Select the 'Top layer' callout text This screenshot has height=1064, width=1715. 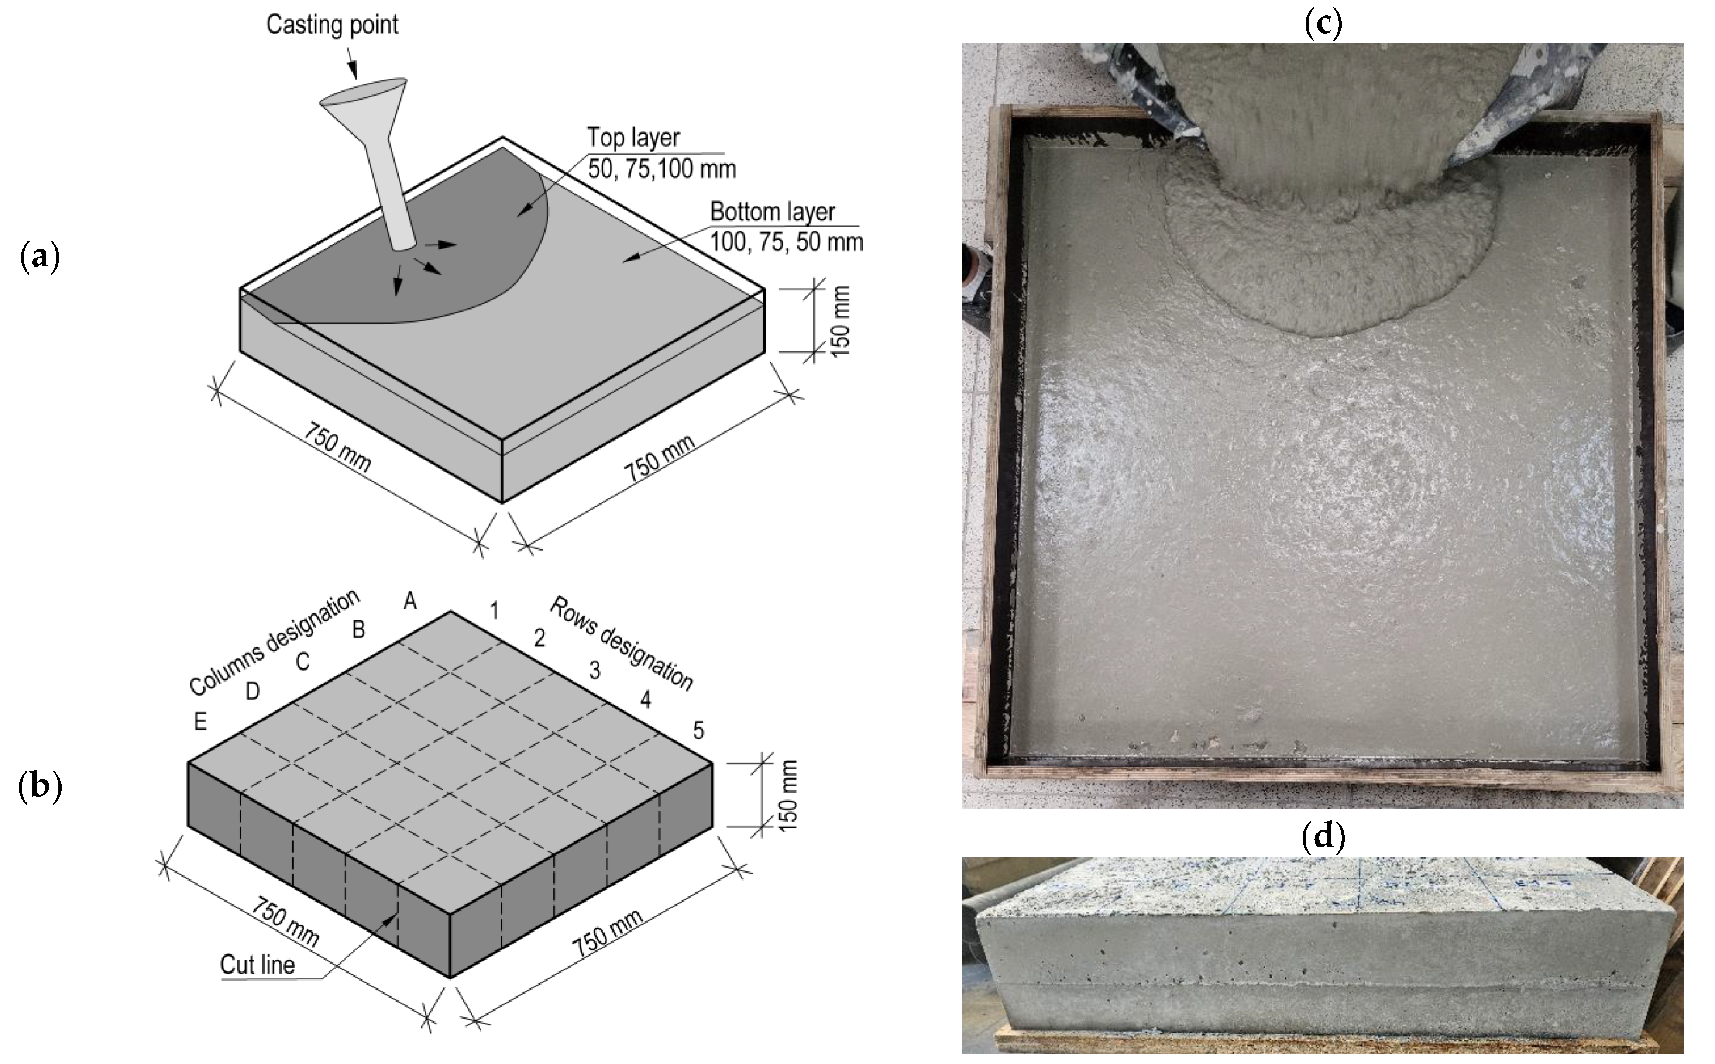633,138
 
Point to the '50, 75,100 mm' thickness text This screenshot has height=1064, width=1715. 661,169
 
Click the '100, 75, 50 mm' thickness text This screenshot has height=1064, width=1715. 786,243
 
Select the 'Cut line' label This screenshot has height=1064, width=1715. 258,965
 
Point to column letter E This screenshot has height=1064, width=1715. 200,722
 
